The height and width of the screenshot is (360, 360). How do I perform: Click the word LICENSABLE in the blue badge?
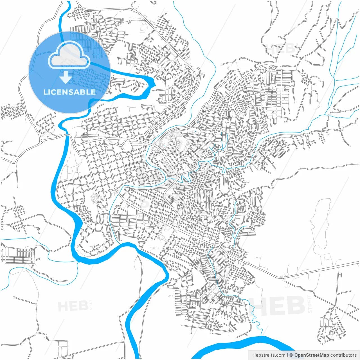point(69,92)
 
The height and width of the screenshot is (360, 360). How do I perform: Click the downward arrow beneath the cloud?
point(66,77)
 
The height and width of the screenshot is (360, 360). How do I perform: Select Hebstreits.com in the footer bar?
point(269,355)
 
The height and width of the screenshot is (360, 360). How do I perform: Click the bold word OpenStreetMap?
point(311,355)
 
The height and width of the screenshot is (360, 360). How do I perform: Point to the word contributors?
point(343,355)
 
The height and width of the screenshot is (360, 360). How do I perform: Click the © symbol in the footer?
point(291,355)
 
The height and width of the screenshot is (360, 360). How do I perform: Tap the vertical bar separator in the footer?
point(287,355)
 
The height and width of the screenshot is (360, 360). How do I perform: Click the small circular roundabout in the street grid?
point(136,138)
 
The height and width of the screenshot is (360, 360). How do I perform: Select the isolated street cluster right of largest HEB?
point(332,326)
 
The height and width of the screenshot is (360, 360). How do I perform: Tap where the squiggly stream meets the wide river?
point(262,336)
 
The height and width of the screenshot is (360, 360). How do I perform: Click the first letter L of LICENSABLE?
point(45,92)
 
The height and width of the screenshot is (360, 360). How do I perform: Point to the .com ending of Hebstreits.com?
point(280,355)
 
